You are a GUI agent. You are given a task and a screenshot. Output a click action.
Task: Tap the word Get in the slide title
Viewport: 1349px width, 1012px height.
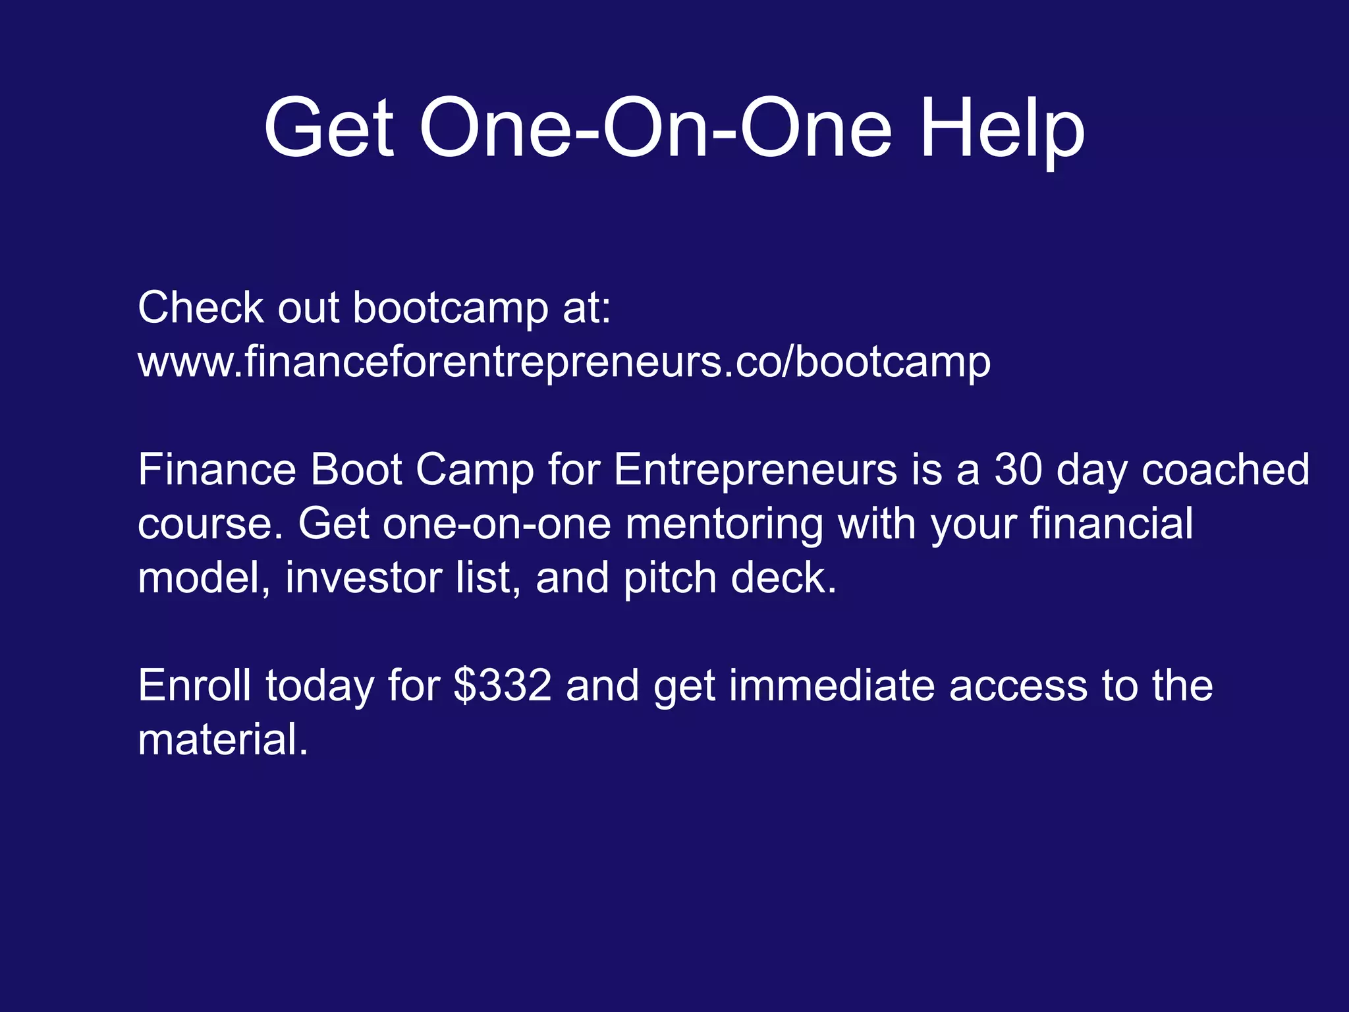(329, 128)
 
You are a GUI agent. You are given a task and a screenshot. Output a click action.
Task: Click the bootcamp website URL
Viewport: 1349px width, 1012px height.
(564, 362)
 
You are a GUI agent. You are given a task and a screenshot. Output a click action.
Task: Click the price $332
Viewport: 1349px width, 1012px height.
(503, 685)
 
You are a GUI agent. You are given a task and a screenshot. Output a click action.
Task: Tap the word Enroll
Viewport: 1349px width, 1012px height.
(194, 685)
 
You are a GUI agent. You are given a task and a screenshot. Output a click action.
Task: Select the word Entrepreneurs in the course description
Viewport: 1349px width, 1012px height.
(756, 470)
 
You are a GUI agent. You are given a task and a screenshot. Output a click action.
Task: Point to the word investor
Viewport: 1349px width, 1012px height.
(364, 578)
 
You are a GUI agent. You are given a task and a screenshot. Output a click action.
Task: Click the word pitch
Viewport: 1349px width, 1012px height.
(670, 578)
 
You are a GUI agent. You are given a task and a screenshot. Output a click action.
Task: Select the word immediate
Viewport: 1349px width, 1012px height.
(833, 685)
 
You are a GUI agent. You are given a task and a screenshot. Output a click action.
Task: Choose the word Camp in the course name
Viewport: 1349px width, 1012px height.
(474, 470)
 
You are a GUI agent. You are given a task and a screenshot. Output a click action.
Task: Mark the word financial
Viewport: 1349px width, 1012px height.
(1111, 524)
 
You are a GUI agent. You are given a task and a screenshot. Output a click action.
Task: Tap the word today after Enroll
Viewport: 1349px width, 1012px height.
(320, 685)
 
